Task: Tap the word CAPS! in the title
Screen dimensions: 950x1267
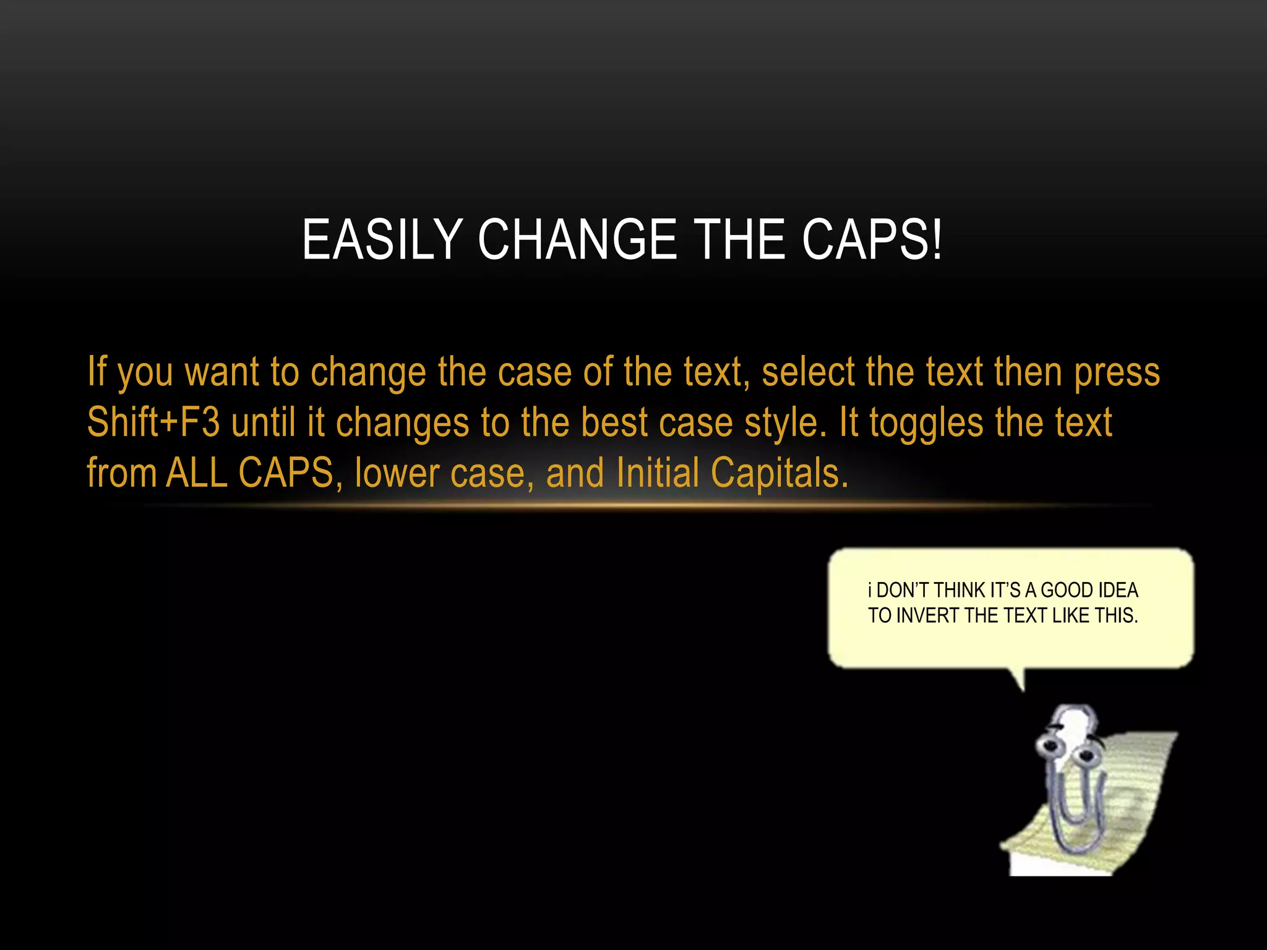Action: coord(872,240)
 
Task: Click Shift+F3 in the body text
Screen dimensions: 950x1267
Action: coord(153,422)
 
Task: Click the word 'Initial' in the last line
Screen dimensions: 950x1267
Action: coord(658,473)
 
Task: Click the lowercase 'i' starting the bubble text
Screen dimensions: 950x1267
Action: coord(870,591)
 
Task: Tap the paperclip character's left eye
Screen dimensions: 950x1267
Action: coord(1050,746)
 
